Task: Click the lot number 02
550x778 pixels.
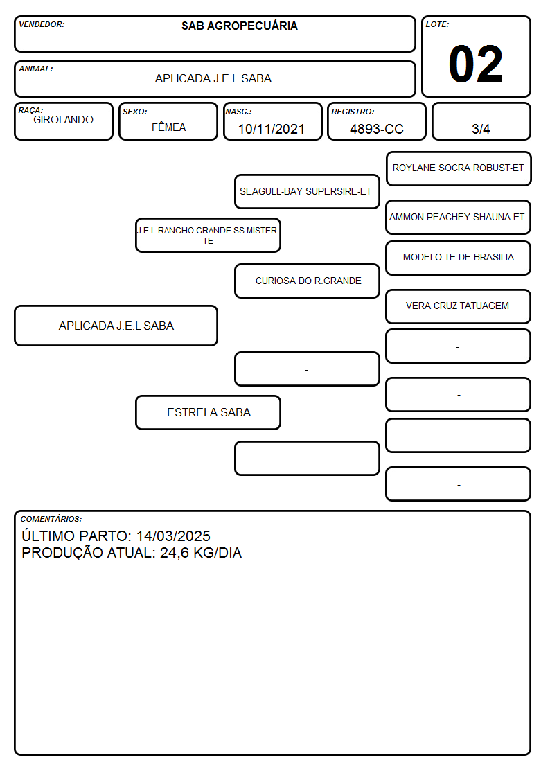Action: (x=475, y=64)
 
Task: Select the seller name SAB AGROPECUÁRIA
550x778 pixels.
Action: (x=240, y=26)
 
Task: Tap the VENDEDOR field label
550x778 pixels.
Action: (x=42, y=24)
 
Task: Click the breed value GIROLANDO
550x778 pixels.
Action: (x=63, y=120)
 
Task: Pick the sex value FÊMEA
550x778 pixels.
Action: (x=168, y=127)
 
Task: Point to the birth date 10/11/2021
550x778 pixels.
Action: (x=272, y=129)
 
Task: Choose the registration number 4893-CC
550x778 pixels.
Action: (x=376, y=129)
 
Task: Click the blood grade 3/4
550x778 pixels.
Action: (x=481, y=129)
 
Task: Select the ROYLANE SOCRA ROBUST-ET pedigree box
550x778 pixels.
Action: (x=459, y=169)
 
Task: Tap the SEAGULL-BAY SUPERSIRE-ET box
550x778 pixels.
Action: (x=307, y=191)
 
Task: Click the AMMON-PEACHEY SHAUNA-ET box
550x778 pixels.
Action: (x=459, y=218)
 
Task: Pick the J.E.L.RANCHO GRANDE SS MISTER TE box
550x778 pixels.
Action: (x=208, y=235)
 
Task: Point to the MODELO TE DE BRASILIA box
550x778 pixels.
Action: (x=459, y=258)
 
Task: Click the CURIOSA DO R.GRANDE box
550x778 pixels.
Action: (x=307, y=281)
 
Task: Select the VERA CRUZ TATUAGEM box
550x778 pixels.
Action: (x=459, y=307)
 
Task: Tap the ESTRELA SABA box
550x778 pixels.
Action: (x=208, y=412)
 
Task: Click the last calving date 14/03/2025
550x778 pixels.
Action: (x=174, y=536)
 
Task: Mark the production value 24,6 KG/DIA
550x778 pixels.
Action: (x=201, y=553)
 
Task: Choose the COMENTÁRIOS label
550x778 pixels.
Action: (x=51, y=519)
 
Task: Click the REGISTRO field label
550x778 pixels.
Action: (x=353, y=112)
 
